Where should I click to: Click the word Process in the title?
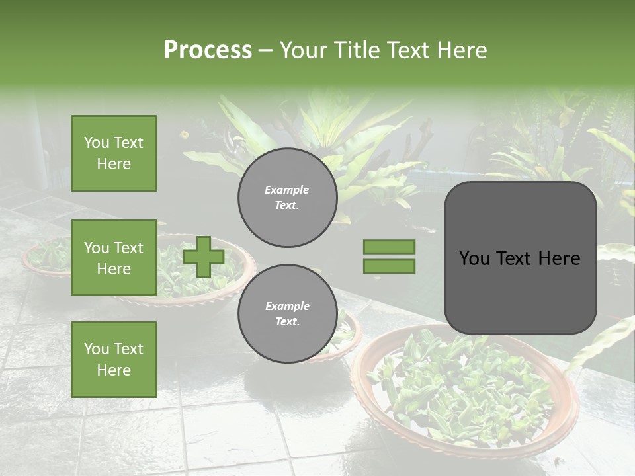(x=208, y=50)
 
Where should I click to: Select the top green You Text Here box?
(x=114, y=153)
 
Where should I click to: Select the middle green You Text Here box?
(x=114, y=258)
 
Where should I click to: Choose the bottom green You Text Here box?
(x=114, y=360)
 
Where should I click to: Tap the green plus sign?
(x=204, y=257)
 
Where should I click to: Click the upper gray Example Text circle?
(x=287, y=198)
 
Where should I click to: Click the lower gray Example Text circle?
(x=287, y=314)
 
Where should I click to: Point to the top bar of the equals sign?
(x=390, y=247)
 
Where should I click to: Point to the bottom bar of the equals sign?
(x=390, y=266)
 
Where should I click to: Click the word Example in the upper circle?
(x=286, y=190)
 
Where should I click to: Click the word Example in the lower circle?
(x=287, y=306)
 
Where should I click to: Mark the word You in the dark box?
(x=474, y=258)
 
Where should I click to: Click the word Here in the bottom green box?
(x=114, y=370)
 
